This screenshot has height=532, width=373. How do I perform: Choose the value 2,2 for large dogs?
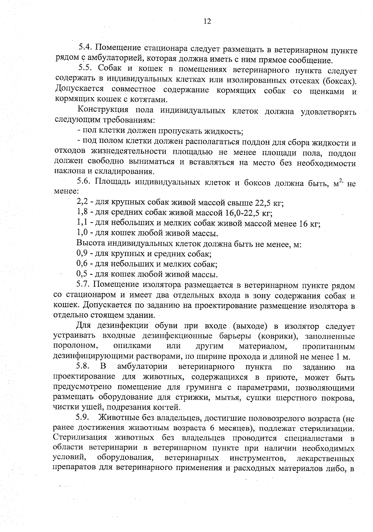pos(82,202)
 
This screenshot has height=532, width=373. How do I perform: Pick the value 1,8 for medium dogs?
pos(82,213)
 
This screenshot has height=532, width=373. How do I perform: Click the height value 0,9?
pos(82,253)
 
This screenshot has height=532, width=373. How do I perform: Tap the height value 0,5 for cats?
pos(82,274)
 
